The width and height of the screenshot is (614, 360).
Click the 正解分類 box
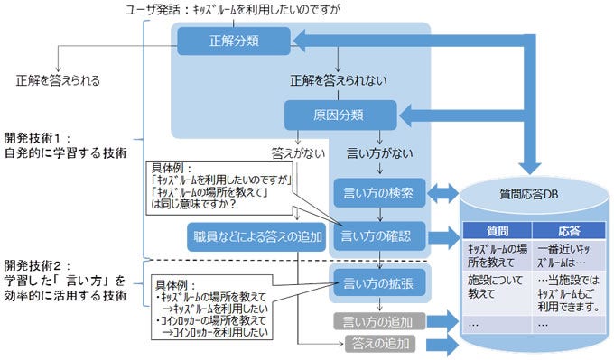[x=233, y=41]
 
